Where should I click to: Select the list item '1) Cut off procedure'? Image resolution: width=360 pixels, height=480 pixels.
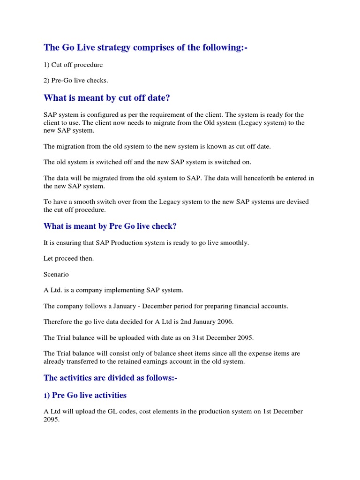73,65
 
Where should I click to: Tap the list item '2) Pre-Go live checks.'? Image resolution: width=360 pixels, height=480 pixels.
76,80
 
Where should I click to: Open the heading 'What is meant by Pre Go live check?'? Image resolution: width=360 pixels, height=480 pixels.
110,226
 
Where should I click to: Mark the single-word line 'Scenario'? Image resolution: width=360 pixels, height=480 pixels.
56,274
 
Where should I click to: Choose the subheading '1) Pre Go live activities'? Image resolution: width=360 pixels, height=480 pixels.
85,395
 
